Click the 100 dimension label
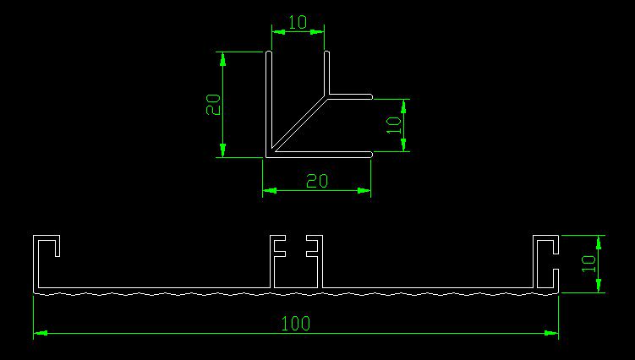pos(297,322)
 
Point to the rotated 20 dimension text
pos(214,104)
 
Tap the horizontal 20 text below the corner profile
pos(317,180)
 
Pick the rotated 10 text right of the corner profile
pos(393,126)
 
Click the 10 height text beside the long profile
pos(588,264)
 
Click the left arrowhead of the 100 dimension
pos(39,333)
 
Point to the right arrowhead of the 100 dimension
pos(553,333)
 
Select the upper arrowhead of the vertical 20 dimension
pos(223,57)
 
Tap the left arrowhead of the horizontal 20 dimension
pos(268,190)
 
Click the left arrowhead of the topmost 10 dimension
pos(276,32)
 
